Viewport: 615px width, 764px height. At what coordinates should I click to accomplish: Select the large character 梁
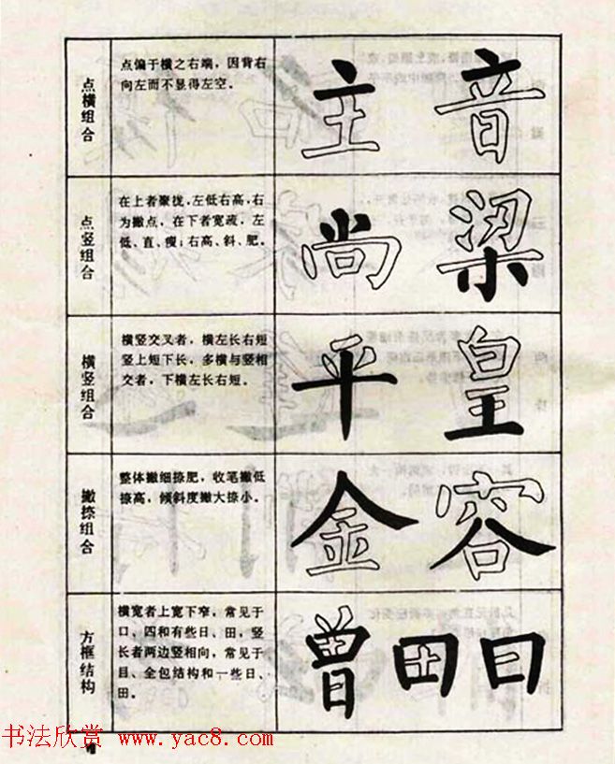(x=489, y=241)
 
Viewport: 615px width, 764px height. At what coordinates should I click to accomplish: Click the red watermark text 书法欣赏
(x=52, y=738)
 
